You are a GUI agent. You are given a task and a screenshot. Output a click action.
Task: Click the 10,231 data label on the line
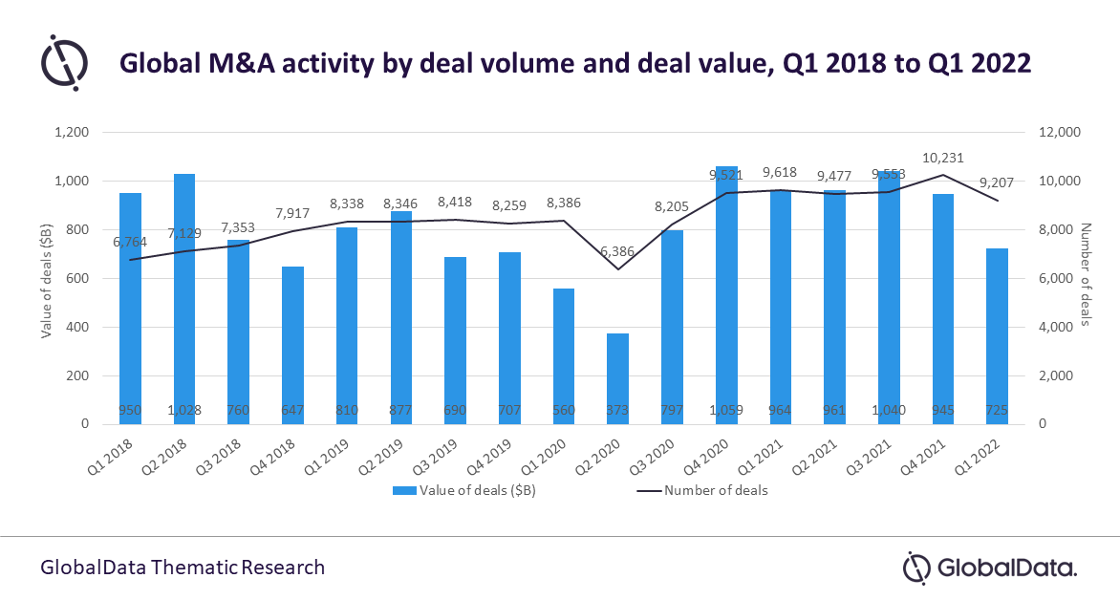click(x=942, y=159)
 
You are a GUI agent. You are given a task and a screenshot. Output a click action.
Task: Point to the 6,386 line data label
click(x=617, y=251)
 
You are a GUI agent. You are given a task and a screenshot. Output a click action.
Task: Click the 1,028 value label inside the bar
click(x=184, y=411)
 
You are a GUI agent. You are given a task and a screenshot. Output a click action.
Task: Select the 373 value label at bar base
click(x=617, y=411)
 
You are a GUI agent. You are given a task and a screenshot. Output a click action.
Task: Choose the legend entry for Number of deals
click(x=701, y=490)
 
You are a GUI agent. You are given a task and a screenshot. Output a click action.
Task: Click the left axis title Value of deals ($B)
click(x=45, y=278)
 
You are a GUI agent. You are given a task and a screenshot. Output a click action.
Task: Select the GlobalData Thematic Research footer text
click(x=183, y=568)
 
